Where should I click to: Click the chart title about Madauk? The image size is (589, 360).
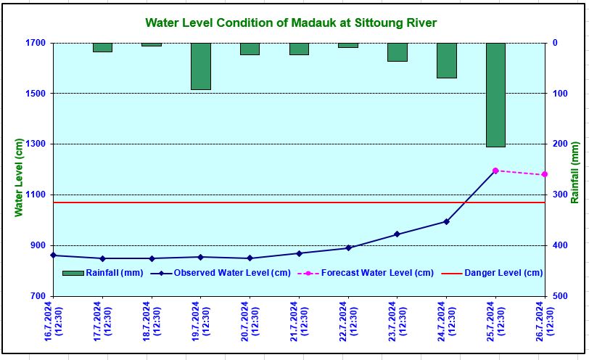291,22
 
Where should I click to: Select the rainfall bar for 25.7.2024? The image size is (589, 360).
495,94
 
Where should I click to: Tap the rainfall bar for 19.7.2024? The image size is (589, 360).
200,66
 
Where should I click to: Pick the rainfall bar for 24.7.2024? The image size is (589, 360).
446,60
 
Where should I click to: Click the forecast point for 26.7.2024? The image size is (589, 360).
545,174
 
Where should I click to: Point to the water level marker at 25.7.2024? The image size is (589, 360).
495,171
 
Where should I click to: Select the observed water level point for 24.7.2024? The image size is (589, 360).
446,221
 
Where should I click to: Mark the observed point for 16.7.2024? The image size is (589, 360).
53,255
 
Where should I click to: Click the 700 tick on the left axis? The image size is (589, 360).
37,296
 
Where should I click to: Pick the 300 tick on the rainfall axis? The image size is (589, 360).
558,195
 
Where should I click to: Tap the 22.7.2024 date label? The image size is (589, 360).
348,319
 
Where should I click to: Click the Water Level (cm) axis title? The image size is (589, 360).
20,178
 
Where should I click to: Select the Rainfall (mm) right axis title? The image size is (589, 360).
574,172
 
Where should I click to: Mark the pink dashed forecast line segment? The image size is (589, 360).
520,173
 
